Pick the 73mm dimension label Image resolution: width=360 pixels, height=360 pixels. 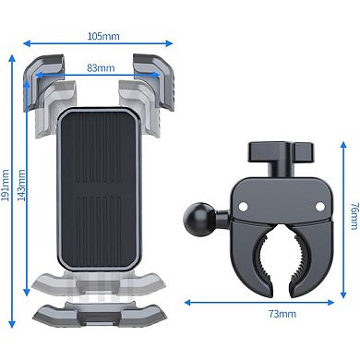pyautogui.click(x=282, y=315)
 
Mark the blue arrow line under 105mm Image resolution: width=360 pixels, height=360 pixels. pyautogui.click(x=100, y=42)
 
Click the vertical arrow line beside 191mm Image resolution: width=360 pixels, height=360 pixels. pyautogui.click(x=18, y=194)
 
